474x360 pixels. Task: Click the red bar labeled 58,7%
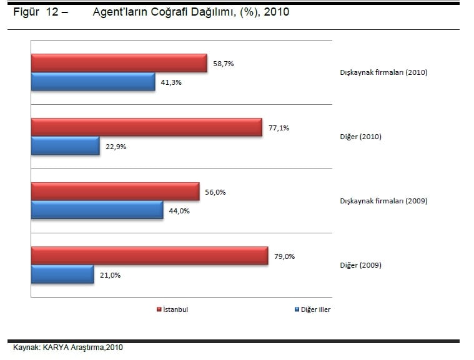119,63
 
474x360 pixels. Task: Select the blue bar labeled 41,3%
93,82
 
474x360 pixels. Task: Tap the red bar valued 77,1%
146,127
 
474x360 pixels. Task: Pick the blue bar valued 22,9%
65,146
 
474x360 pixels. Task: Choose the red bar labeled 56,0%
115,192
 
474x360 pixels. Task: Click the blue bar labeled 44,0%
97,210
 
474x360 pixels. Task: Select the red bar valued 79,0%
149,256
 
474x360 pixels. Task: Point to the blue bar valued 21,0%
62,275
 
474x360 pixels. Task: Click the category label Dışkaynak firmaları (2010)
383,72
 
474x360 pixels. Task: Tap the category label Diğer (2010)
360,137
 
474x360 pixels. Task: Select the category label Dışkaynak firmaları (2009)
383,201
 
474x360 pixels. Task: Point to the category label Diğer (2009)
360,265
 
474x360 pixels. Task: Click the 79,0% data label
284,256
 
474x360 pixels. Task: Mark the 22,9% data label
116,147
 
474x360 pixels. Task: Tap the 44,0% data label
179,211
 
